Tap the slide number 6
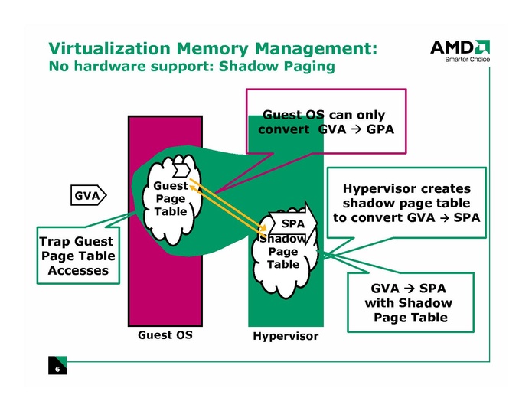(57, 369)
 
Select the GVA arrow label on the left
(87, 196)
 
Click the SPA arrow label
(292, 223)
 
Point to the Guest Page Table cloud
(169, 197)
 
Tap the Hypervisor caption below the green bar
(285, 337)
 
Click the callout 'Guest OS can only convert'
(325, 122)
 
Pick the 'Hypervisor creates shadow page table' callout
(406, 203)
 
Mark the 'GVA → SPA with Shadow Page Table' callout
(410, 303)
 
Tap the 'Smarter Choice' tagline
(468, 60)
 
